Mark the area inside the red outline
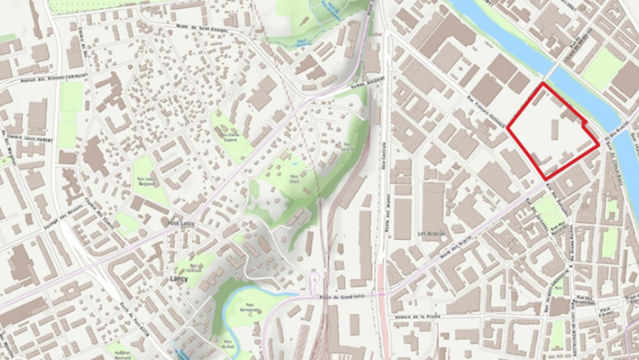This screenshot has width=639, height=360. [x=547, y=140]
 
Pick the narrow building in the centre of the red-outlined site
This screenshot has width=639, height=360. [x=554, y=132]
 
